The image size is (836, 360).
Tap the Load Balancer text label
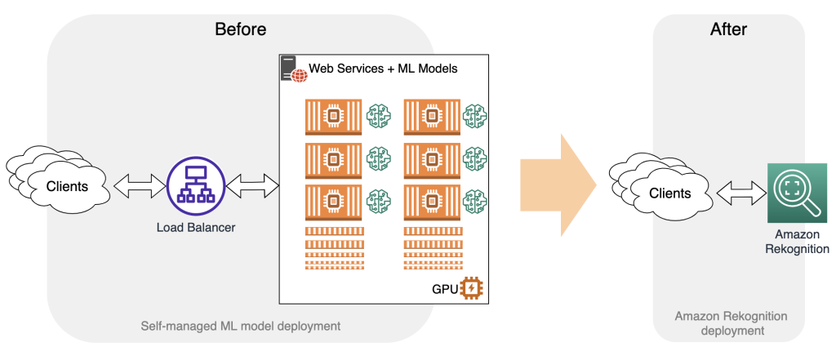click(x=196, y=227)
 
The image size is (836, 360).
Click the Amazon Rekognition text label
click(x=797, y=242)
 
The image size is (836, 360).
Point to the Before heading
click(x=240, y=30)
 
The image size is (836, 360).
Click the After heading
click(x=729, y=30)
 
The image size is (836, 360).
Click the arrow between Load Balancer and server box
click(x=252, y=187)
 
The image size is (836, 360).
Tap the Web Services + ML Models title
click(x=383, y=69)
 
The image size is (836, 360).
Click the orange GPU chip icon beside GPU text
click(x=472, y=288)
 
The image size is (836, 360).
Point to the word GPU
click(x=444, y=289)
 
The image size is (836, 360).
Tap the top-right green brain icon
click(x=474, y=116)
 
